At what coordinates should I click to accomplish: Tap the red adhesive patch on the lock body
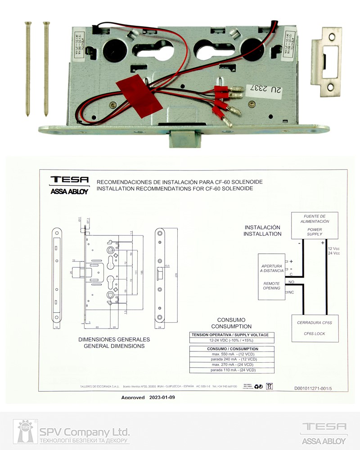click(139, 97)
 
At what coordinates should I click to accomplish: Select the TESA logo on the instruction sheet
click(70, 180)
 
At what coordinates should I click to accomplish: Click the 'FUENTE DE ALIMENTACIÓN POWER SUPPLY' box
click(315, 225)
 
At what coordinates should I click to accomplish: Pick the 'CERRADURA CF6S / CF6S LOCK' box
click(314, 328)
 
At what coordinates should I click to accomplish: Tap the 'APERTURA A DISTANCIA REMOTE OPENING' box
click(271, 277)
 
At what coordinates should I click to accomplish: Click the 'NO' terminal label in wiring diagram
click(291, 282)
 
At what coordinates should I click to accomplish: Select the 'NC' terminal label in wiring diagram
click(292, 292)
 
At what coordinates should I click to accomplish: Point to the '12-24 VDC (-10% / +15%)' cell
click(230, 341)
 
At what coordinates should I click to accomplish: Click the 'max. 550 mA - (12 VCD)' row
click(232, 354)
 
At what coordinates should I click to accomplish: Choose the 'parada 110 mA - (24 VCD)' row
click(232, 370)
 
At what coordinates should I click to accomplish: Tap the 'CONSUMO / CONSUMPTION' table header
click(232, 349)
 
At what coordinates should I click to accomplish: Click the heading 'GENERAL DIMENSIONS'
click(114, 346)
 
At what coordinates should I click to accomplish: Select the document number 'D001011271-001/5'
click(315, 387)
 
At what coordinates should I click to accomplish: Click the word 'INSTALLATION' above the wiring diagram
click(262, 234)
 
